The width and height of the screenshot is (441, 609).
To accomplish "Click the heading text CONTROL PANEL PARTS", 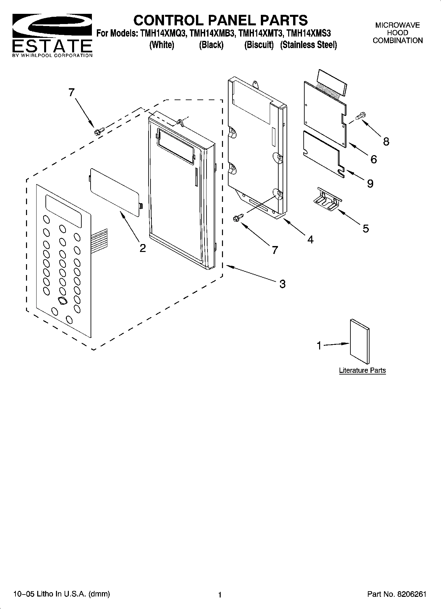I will point(220,20).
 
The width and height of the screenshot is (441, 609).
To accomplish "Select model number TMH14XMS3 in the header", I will point(309,34).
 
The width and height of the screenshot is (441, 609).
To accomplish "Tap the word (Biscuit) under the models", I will point(259,45).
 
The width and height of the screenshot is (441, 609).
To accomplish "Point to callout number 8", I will point(386,142).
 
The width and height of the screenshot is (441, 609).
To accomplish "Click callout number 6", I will point(373,159).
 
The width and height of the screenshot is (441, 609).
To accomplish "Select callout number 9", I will point(370,183).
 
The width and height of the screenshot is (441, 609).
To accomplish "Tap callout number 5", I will point(366,228).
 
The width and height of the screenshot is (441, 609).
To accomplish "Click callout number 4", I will point(310,239).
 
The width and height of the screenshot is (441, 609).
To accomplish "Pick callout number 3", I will point(282,284).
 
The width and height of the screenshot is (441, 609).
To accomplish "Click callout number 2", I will point(142,248).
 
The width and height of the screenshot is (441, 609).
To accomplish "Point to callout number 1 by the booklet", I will point(319,346).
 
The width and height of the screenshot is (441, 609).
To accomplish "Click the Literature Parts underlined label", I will point(362,371).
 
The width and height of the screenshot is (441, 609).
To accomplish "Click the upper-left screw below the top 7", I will point(98,131).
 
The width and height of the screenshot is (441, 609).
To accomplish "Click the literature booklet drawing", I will point(360,341).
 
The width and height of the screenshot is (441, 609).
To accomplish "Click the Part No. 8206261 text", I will point(397,594).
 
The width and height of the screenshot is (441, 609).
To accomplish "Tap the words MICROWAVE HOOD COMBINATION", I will point(398,33).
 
